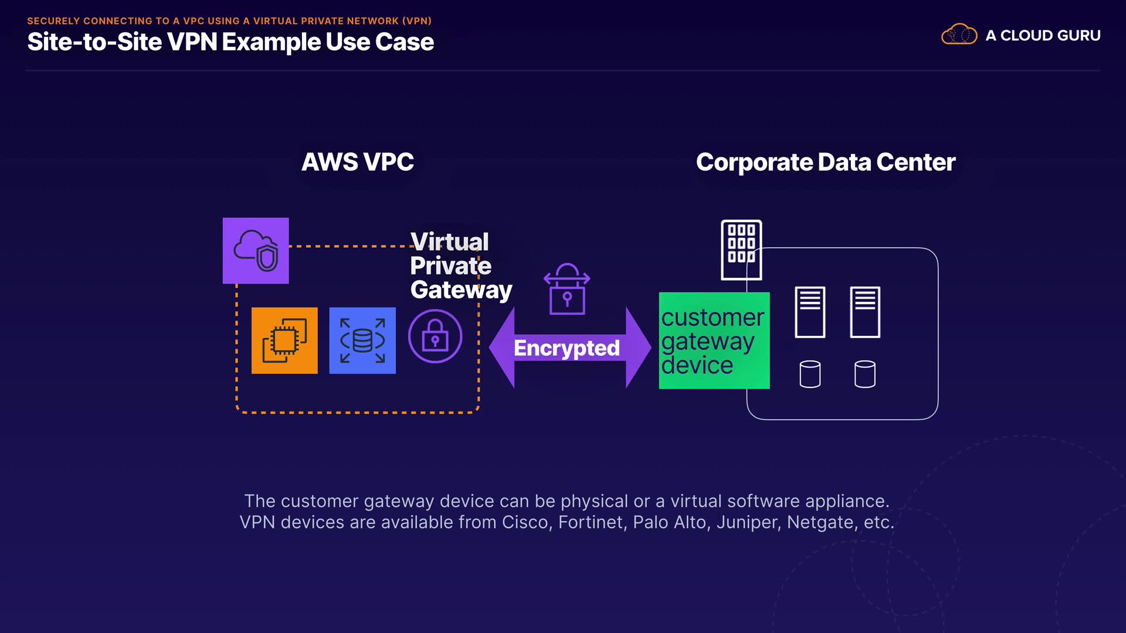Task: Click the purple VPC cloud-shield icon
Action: (256, 251)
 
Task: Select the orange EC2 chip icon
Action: (284, 341)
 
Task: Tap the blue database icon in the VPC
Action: (362, 341)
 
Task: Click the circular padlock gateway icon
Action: (435, 336)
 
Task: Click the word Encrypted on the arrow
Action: (567, 348)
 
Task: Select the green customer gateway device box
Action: (714, 341)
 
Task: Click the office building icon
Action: (741, 250)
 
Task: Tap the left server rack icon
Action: (810, 312)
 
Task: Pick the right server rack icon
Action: (865, 312)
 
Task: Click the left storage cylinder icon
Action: (810, 374)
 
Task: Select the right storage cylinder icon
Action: (865, 374)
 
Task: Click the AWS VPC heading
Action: (358, 162)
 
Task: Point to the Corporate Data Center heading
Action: (826, 162)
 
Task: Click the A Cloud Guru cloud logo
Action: (959, 35)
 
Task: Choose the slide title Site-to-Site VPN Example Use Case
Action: (230, 42)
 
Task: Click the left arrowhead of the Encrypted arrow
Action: (502, 348)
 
